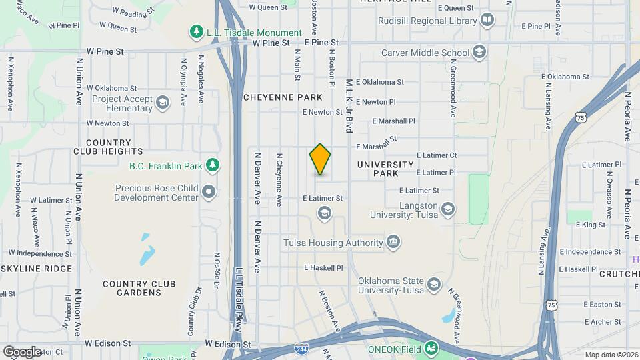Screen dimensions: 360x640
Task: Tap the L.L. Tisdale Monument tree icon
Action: [x=196, y=32]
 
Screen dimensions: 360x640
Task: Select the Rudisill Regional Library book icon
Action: [x=487, y=20]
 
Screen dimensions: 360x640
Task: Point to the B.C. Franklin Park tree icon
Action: [x=212, y=164]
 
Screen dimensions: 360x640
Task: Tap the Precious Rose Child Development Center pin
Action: [x=210, y=193]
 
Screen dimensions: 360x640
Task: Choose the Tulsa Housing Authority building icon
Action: [x=393, y=241]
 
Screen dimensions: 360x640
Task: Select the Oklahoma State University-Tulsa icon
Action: [x=434, y=285]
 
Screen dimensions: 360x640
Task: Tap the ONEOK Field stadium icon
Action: [x=432, y=348]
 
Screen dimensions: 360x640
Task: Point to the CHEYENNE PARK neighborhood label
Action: [x=283, y=97]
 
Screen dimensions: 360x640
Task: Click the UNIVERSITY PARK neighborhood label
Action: [x=386, y=169]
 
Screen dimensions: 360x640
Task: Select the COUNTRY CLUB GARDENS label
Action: [x=139, y=289]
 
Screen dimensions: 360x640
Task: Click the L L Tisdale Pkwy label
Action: [x=239, y=295]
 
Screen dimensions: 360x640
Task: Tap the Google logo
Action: [x=22, y=351]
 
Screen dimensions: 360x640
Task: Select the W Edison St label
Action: [x=227, y=345]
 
